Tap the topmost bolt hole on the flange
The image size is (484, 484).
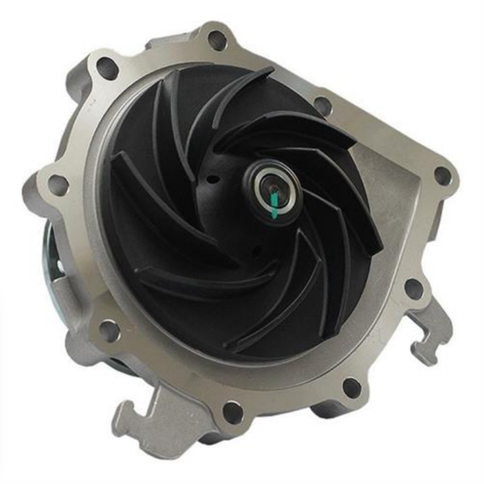(x=217, y=40)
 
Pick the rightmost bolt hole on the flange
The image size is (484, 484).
(x=442, y=176)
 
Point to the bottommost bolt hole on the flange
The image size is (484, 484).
(x=233, y=413)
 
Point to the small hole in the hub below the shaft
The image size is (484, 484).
(x=254, y=253)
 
